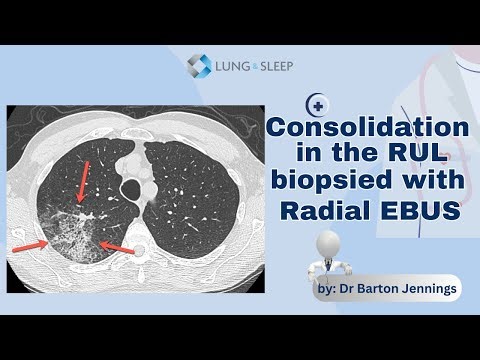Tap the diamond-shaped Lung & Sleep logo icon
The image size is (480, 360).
click(x=199, y=67)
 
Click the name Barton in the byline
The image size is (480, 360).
click(x=371, y=289)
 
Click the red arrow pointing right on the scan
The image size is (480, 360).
click(x=32, y=243)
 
